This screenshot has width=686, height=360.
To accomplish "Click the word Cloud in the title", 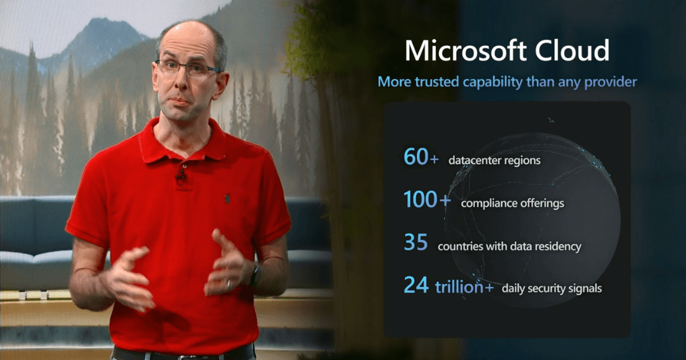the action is (x=572, y=50).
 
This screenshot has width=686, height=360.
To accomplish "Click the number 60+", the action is (x=421, y=157).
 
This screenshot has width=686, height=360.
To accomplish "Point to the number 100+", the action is (x=427, y=199).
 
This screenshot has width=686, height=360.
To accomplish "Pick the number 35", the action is (x=416, y=242).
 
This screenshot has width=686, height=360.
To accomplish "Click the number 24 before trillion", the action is (x=416, y=285).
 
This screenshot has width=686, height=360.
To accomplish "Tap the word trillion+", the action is (x=465, y=287).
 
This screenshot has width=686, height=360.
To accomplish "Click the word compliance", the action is (x=488, y=203).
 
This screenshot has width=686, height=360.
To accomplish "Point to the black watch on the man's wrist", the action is (x=255, y=276).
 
